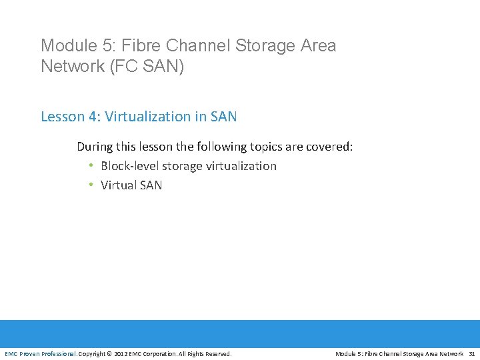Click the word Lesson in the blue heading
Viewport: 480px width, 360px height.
(x=61, y=117)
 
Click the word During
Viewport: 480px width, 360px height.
(x=95, y=146)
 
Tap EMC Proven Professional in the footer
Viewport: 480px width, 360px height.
(x=41, y=353)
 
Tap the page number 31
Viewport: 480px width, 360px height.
(x=472, y=353)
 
